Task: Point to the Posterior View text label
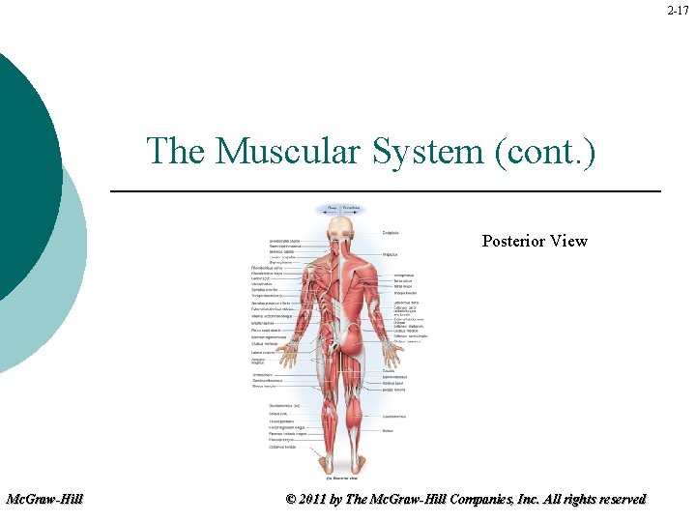pyautogui.click(x=535, y=241)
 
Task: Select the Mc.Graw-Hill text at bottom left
pyautogui.click(x=44, y=499)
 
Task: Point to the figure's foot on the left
pyautogui.click(x=326, y=467)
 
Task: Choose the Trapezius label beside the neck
pyautogui.click(x=391, y=254)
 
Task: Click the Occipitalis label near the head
pyautogui.click(x=391, y=232)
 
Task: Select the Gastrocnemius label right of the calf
pyautogui.click(x=394, y=417)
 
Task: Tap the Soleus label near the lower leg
pyautogui.click(x=388, y=430)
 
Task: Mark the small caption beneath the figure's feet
pyautogui.click(x=342, y=478)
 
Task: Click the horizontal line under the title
pyautogui.click(x=386, y=192)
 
